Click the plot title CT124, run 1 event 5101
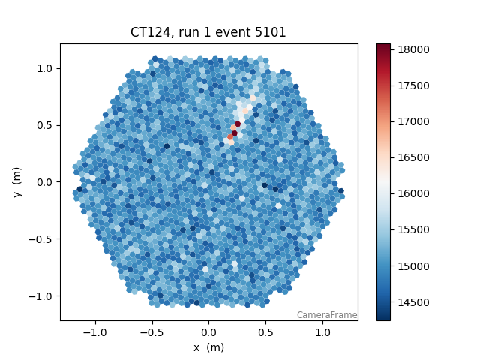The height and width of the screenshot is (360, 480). click(x=208, y=33)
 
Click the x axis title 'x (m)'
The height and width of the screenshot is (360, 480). click(x=208, y=347)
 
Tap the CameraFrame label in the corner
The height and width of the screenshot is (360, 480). click(x=326, y=315)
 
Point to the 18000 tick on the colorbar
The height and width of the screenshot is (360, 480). click(x=412, y=49)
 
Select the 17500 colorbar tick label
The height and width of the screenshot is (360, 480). click(x=412, y=85)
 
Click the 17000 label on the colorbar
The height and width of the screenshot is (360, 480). click(x=412, y=121)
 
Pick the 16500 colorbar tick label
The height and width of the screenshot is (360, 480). click(x=412, y=157)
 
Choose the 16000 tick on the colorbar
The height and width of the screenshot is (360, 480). click(x=412, y=193)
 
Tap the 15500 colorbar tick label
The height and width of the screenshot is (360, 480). click(x=412, y=229)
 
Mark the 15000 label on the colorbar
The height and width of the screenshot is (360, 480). click(x=412, y=266)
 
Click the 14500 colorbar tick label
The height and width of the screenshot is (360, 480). click(x=412, y=302)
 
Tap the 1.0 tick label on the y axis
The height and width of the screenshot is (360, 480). click(x=46, y=68)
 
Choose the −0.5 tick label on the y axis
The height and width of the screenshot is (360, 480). click(x=43, y=239)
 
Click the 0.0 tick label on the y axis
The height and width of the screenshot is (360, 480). click(x=46, y=182)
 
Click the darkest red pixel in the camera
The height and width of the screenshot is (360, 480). click(x=238, y=124)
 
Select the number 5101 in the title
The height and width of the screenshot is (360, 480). click(x=271, y=33)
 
